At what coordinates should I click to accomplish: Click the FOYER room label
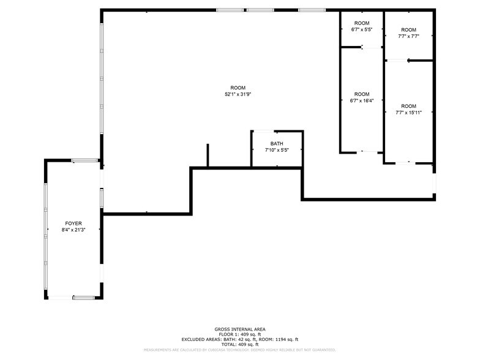73,223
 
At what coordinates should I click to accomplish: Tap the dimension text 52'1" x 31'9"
238,94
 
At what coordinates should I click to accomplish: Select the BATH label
277,143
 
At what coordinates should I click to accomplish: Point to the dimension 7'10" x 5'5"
277,150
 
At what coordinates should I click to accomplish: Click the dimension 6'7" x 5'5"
362,29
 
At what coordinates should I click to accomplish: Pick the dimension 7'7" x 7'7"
408,36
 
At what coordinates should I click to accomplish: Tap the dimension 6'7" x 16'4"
362,100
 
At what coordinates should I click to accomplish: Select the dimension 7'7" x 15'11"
408,113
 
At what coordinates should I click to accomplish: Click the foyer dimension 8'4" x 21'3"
73,230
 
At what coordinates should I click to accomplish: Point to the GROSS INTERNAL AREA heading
240,329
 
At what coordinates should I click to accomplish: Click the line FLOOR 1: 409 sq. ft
240,334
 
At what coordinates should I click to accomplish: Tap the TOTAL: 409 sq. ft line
240,344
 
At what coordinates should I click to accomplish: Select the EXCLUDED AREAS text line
240,339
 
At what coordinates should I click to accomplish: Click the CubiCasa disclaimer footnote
240,350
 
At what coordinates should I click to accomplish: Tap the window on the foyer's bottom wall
83,298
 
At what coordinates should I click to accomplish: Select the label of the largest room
238,88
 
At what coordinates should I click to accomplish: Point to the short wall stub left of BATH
208,155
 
